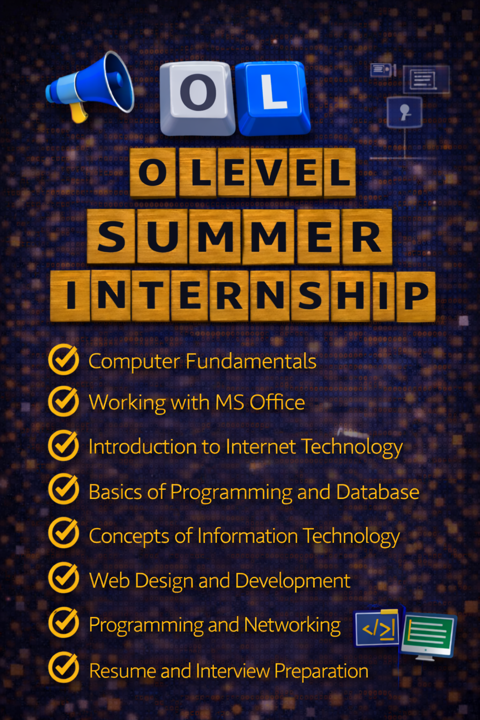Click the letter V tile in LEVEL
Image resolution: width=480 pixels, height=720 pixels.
tap(269, 172)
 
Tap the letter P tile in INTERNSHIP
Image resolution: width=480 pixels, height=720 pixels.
tap(415, 296)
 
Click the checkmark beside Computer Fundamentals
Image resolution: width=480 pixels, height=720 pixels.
tap(64, 360)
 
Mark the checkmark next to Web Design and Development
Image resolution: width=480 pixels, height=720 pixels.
tap(64, 578)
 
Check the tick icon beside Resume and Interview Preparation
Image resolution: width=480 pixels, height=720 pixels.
tap(64, 667)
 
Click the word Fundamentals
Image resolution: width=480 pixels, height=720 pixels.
tap(251, 361)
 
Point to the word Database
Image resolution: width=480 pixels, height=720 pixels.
tap(377, 492)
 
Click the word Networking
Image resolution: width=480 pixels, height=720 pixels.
tap(292, 625)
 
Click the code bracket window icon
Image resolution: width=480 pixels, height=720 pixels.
tap(377, 629)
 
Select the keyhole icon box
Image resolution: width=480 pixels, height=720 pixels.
tap(405, 112)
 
